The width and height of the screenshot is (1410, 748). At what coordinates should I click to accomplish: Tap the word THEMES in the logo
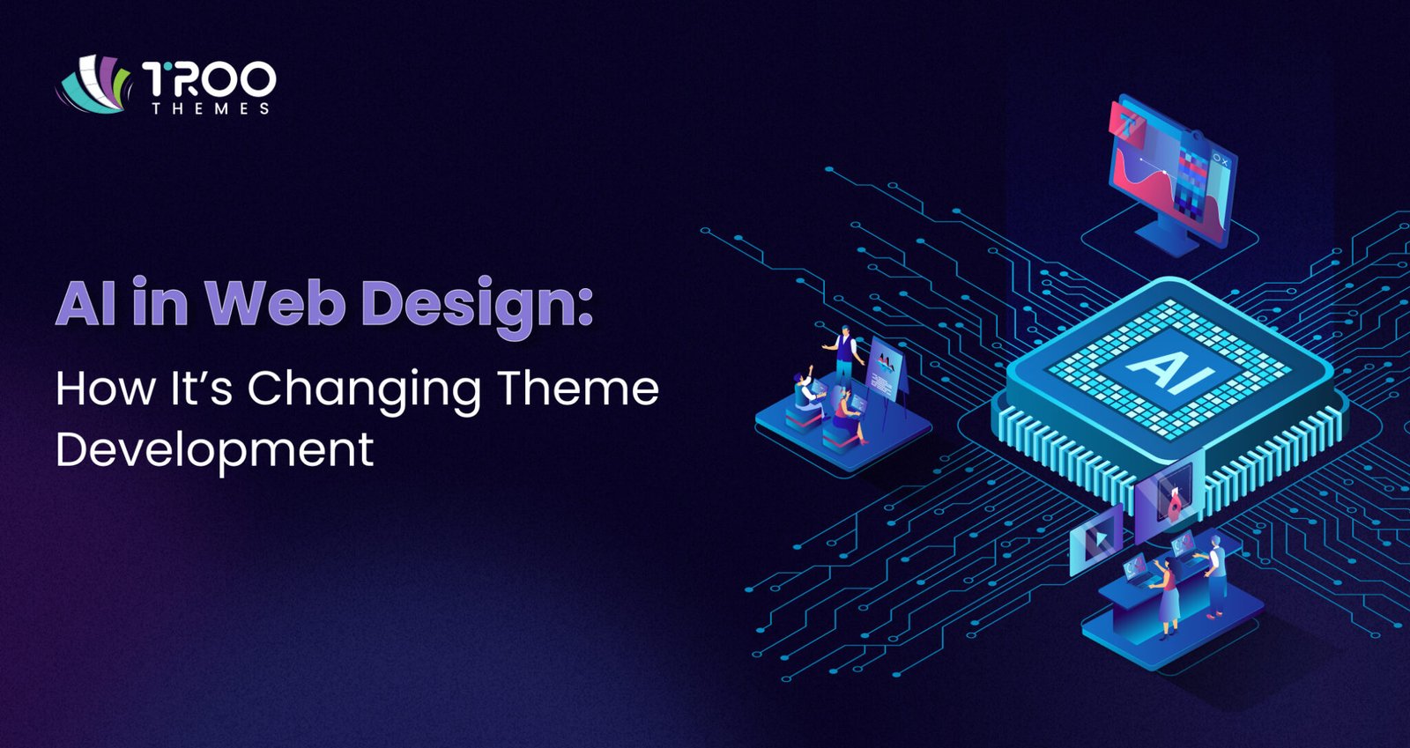point(211,108)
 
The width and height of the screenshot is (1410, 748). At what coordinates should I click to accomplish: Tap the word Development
point(214,449)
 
